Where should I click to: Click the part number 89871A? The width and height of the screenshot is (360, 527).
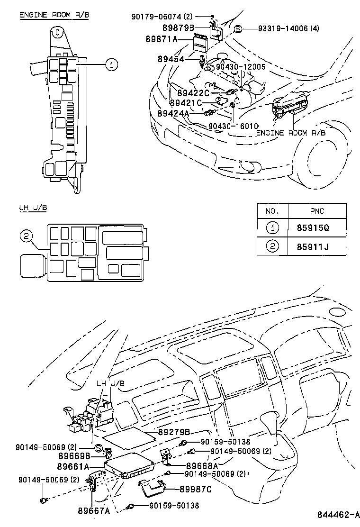[x=162, y=40]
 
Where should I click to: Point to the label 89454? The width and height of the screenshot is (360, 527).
[x=172, y=59]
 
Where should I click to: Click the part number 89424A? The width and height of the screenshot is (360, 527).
[x=173, y=113]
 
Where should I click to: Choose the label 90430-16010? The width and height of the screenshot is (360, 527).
[x=233, y=127]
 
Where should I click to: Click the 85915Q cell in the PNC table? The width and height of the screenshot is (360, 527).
[x=313, y=228]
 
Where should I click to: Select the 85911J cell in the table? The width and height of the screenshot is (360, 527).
[x=313, y=246]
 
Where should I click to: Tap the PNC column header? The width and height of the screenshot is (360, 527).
[x=313, y=211]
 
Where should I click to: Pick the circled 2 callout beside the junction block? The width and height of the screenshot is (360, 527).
[x=27, y=236]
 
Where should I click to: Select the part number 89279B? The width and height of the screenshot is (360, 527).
[x=174, y=432]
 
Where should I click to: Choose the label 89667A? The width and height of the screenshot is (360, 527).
[x=93, y=510]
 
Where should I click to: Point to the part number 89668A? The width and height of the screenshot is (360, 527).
[x=202, y=465]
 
